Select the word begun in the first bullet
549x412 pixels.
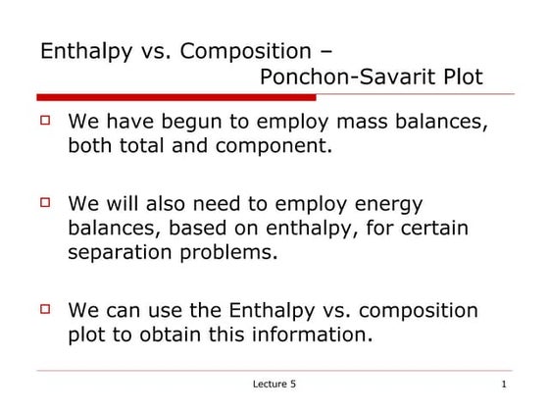click(215, 124)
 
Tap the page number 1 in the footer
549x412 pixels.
click(503, 384)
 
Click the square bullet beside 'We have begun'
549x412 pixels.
click(44, 122)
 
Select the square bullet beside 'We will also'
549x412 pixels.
click(44, 202)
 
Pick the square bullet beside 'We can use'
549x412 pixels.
click(44, 308)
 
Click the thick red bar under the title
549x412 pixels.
click(176, 97)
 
